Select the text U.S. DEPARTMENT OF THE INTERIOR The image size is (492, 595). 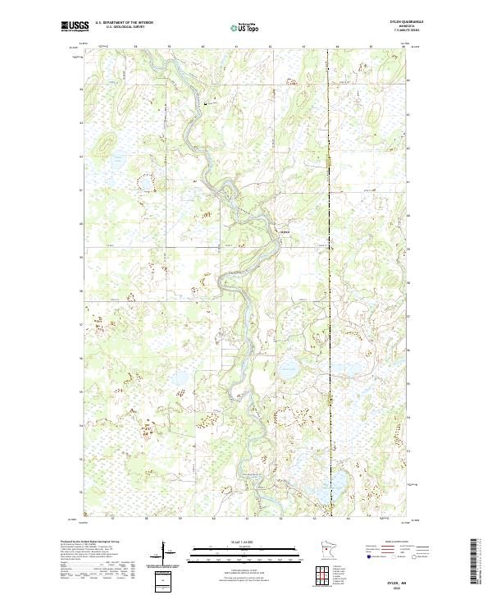(x=124, y=22)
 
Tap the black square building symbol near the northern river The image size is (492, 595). (x=205, y=103)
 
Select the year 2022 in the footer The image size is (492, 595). (x=399, y=586)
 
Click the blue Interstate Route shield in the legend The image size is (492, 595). (x=367, y=556)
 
